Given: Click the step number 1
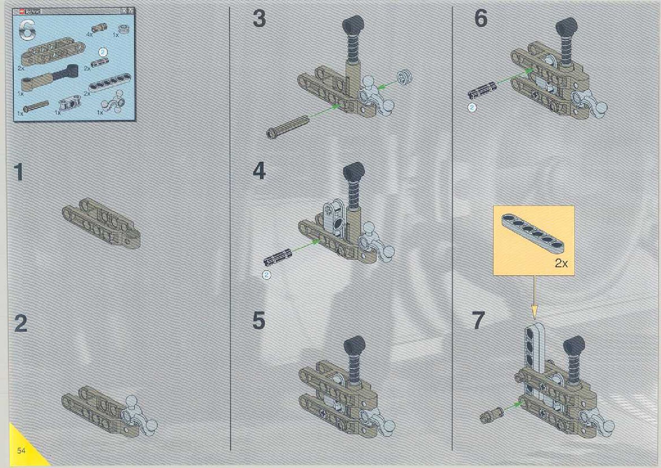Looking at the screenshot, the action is pos(18,172).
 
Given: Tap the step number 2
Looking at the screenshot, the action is pos(20,323).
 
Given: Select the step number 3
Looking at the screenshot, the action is pos(259,18).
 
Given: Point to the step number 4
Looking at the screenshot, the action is pos(259,171).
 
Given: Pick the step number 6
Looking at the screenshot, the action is pos(481,18).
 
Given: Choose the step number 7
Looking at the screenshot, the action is pos(478,321).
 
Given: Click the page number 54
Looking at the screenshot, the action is pos(21,450).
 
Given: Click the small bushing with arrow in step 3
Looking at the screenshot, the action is pos(404,76).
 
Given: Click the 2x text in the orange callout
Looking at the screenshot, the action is pos(561,263).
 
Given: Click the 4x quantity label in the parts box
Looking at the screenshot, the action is pos(89,35).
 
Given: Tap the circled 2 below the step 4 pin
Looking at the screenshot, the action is pos(267,275).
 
